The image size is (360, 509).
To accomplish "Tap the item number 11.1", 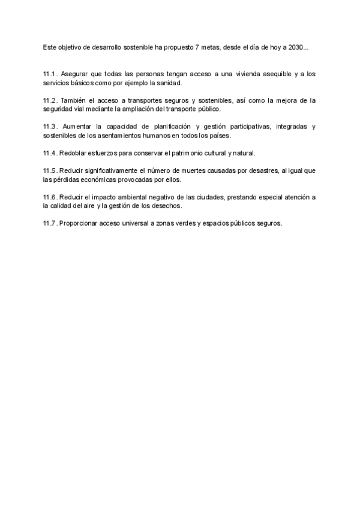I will (x=50, y=74).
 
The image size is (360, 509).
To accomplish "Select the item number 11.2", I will (x=50, y=100).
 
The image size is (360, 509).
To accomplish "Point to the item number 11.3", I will (x=50, y=127).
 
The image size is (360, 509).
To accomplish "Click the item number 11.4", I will (x=50, y=153).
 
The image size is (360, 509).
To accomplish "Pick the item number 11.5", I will (x=50, y=170).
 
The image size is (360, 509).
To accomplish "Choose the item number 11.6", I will (x=50, y=197).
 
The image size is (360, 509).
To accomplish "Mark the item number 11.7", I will (x=50, y=223).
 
